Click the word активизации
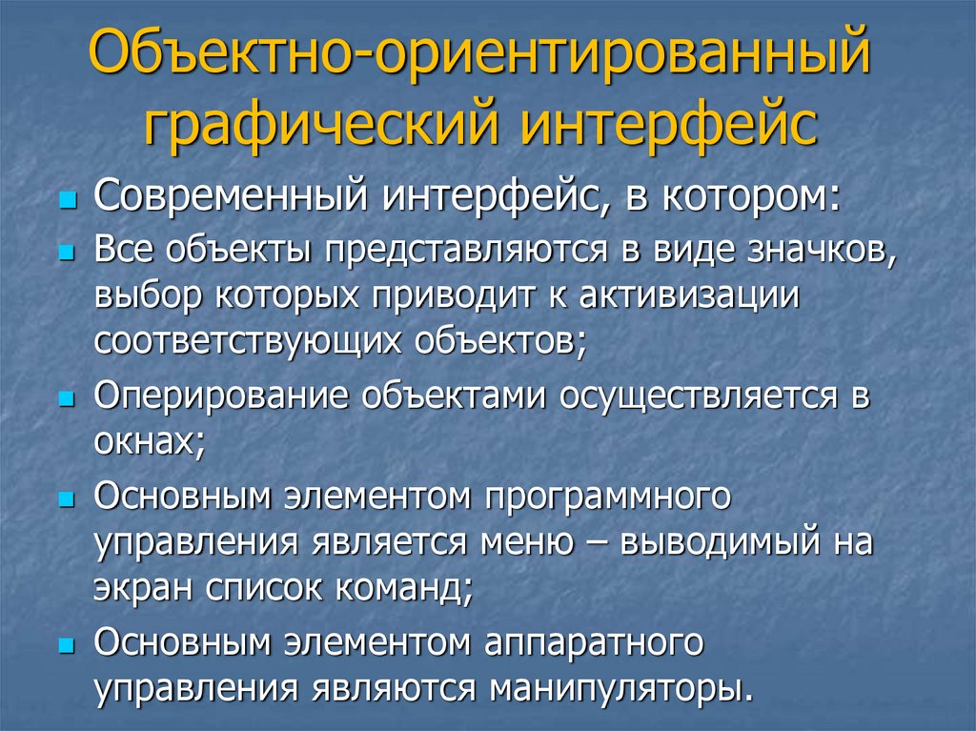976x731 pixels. point(689,296)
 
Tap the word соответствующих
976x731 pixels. point(248,342)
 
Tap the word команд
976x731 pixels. point(404,588)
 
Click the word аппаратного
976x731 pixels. point(594,643)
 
